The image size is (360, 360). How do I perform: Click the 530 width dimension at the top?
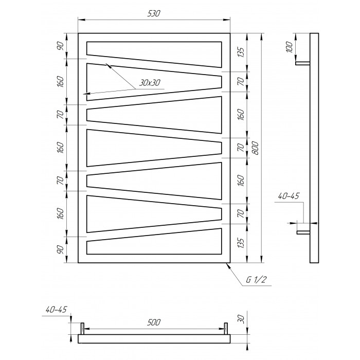(x=154, y=14)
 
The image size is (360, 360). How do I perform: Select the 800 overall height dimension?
(x=256, y=148)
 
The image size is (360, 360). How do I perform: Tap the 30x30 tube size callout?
(x=150, y=83)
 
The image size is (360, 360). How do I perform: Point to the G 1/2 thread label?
(x=256, y=280)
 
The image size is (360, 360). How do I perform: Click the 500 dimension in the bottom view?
(x=153, y=322)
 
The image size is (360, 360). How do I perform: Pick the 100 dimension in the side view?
(x=290, y=47)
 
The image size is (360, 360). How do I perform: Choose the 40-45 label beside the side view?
(x=289, y=196)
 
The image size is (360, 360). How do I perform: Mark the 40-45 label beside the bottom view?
(x=56, y=310)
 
